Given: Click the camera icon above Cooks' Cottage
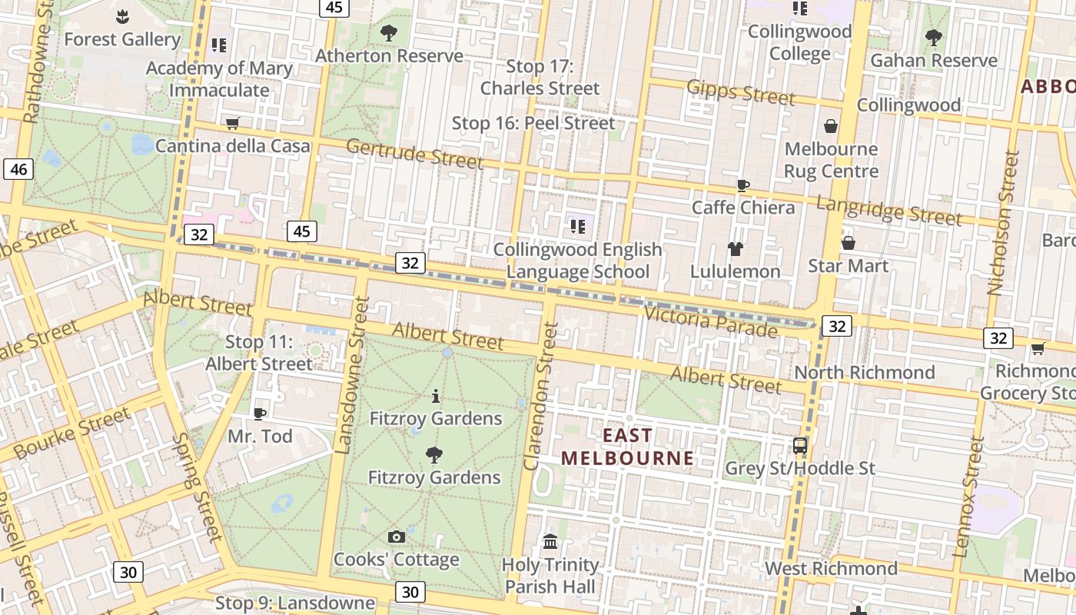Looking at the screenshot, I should (x=397, y=537).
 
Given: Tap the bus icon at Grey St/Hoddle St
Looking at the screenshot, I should (x=800, y=445).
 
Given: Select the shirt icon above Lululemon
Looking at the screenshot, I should (x=736, y=248).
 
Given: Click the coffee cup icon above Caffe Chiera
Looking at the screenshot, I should (x=742, y=185).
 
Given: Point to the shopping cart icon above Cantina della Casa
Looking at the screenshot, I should (x=233, y=123).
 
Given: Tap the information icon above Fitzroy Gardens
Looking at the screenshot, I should (x=436, y=396).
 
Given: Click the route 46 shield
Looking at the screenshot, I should (x=18, y=169).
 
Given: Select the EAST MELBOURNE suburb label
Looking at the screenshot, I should (x=627, y=447).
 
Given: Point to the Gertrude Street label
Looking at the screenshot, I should (x=414, y=154).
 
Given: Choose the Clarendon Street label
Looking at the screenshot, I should (x=541, y=396).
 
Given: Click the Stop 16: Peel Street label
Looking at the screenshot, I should (x=533, y=123).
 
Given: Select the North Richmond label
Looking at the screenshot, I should (x=864, y=373).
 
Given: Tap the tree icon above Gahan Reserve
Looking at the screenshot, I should (x=934, y=37).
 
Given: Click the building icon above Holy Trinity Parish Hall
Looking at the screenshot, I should (x=550, y=542).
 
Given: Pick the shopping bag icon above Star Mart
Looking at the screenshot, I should (x=849, y=243).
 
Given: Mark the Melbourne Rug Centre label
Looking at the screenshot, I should (x=831, y=160).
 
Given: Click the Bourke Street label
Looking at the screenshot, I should (x=72, y=434).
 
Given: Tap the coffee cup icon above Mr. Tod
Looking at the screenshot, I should (x=260, y=414).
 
